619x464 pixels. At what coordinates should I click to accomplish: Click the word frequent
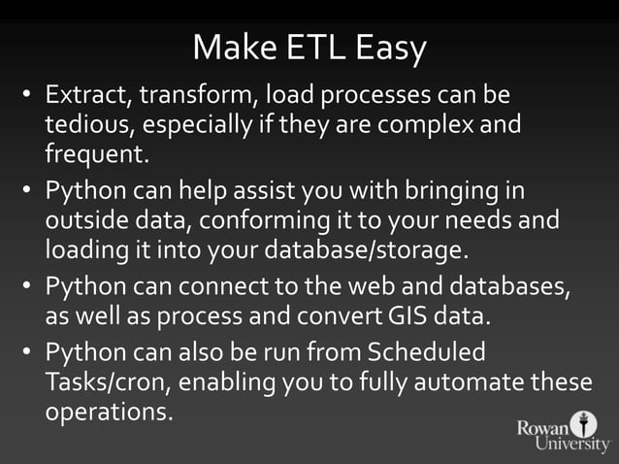pyautogui.click(x=96, y=154)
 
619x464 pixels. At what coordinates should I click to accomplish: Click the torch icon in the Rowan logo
pyautogui.click(x=582, y=424)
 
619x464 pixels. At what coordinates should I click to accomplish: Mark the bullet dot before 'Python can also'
pyautogui.click(x=29, y=351)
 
